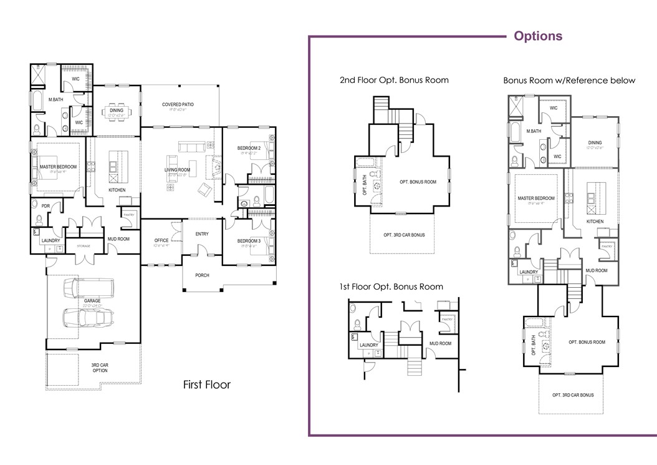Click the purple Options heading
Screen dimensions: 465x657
pyautogui.click(x=537, y=36)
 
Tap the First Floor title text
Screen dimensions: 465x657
pyautogui.click(x=206, y=384)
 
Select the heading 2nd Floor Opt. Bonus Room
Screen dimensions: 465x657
pyautogui.click(x=394, y=80)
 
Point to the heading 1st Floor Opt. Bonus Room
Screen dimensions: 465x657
pyautogui.click(x=391, y=286)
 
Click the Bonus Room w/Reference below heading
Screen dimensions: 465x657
pyautogui.click(x=569, y=81)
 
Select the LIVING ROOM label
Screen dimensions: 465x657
pyautogui.click(x=176, y=169)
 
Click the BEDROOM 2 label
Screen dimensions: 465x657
pyautogui.click(x=248, y=148)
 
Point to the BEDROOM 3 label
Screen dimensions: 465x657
pyautogui.click(x=248, y=241)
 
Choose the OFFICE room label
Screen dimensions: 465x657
pyautogui.click(x=161, y=240)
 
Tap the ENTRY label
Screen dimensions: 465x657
pyautogui.click(x=201, y=234)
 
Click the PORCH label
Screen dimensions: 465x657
pyautogui.click(x=202, y=275)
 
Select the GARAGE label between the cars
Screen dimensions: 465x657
pyautogui.click(x=92, y=301)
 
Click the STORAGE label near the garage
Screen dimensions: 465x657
pyautogui.click(x=84, y=247)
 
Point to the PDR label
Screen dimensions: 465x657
pyautogui.click(x=46, y=206)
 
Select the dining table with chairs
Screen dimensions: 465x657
pyautogui.click(x=117, y=112)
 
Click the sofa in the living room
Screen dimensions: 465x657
pyautogui.click(x=191, y=147)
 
